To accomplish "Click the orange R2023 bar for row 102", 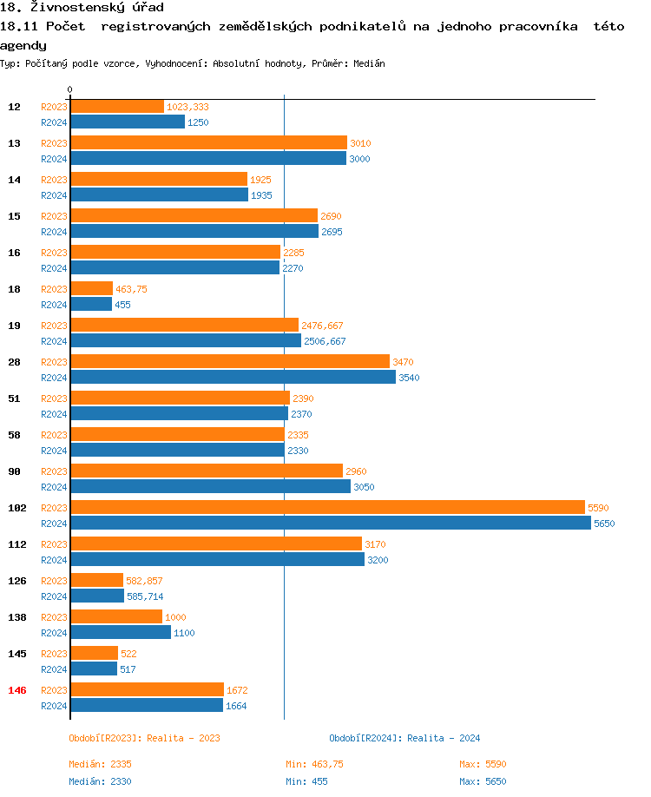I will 327,507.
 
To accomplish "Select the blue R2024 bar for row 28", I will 233,377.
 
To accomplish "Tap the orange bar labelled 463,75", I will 91,288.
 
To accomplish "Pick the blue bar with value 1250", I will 128,122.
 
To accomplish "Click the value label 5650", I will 604,524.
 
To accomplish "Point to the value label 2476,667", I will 322,326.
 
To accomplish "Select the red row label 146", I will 16,690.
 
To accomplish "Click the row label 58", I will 14,435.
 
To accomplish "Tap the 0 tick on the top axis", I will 70,89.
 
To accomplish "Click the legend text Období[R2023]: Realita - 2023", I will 144,738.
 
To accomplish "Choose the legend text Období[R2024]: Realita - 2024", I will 404,738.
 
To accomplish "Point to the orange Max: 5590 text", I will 483,764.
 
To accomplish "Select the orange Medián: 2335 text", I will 100,764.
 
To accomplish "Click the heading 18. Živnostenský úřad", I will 82,8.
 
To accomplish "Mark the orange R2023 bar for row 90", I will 207,471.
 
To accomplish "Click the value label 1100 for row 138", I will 184,633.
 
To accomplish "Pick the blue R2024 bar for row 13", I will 208,158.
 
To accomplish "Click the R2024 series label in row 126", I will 54,596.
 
